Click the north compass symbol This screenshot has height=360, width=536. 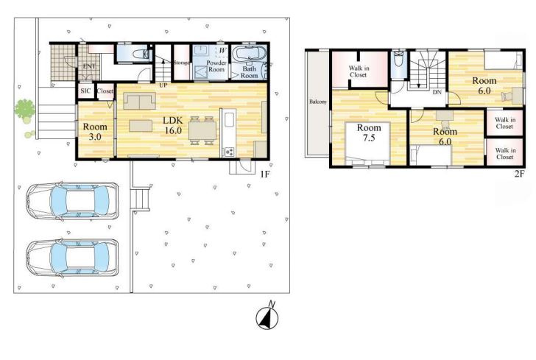pyautogui.click(x=267, y=316)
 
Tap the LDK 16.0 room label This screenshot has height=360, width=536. pyautogui.click(x=173, y=125)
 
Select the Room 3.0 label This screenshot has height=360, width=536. pyautogui.click(x=95, y=132)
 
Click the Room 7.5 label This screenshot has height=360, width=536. pyautogui.click(x=369, y=133)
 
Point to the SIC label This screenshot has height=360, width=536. pyautogui.click(x=85, y=91)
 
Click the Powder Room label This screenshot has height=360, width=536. pyautogui.click(x=216, y=66)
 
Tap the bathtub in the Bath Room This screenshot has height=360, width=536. pyautogui.click(x=249, y=54)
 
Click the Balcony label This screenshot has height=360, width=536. pyautogui.click(x=318, y=102)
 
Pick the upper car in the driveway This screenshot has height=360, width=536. pyautogui.click(x=72, y=201)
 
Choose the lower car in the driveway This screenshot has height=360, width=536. pyautogui.click(x=72, y=258)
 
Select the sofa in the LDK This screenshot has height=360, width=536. pyautogui.click(x=139, y=101)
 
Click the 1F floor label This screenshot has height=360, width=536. pyautogui.click(x=264, y=174)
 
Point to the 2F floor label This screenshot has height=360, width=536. pyautogui.click(x=519, y=174)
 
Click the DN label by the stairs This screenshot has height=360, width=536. pyautogui.click(x=437, y=92)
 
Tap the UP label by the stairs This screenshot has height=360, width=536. pyautogui.click(x=163, y=85)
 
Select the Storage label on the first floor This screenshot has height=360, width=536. pyautogui.click(x=182, y=63)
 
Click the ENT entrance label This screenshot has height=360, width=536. pyautogui.click(x=89, y=66)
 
